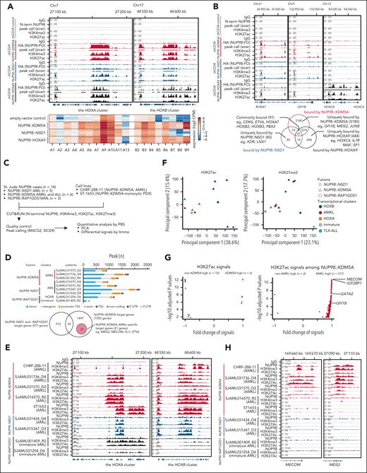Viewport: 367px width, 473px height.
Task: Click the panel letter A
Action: (x=4, y=4)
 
